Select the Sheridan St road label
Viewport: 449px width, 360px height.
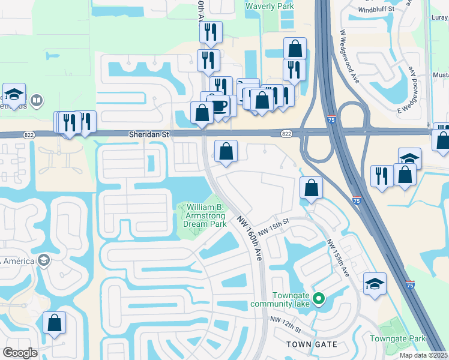click(x=148, y=136)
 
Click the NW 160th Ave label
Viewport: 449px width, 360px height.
click(x=250, y=238)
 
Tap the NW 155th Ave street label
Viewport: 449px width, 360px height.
click(x=337, y=258)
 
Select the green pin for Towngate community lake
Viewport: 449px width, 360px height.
click(x=319, y=298)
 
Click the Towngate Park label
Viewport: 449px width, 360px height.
click(x=397, y=339)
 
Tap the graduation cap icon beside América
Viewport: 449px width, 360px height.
click(x=43, y=260)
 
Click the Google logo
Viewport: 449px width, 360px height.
click(x=20, y=353)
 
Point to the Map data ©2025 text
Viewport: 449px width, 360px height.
click(x=424, y=355)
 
